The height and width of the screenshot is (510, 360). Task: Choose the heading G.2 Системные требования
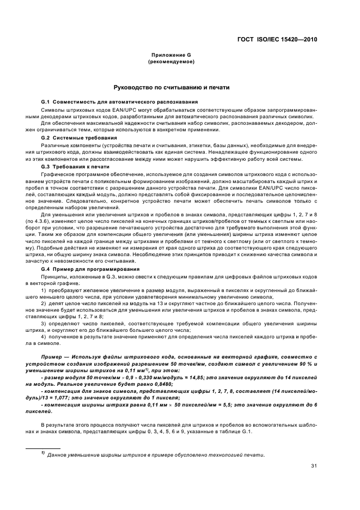point(79,138)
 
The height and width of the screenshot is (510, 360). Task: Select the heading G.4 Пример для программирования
point(90,269)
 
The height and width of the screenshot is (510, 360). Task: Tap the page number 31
point(314,465)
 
